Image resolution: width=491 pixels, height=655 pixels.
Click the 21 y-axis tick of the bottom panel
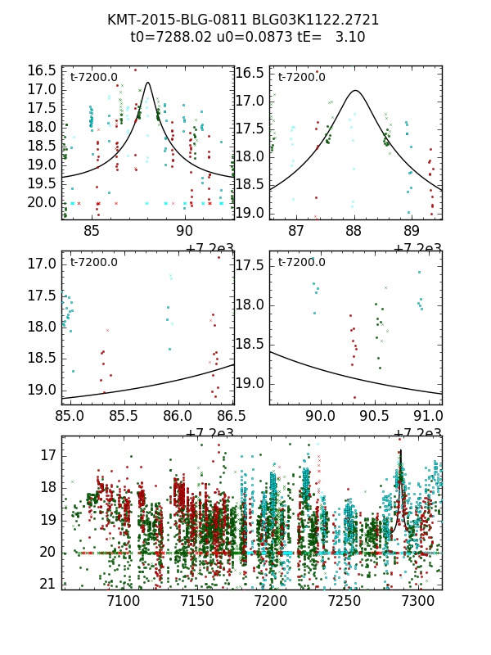pos(47,584)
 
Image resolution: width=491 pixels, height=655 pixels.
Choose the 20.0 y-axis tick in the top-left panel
pos(42,202)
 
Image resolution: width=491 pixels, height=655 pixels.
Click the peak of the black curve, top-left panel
pos(147,82)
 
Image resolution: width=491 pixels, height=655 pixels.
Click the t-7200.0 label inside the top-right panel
pos(301,78)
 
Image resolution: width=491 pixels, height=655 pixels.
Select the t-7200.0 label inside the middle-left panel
pos(94,262)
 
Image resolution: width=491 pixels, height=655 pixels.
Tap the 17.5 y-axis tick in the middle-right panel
pos(251,266)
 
